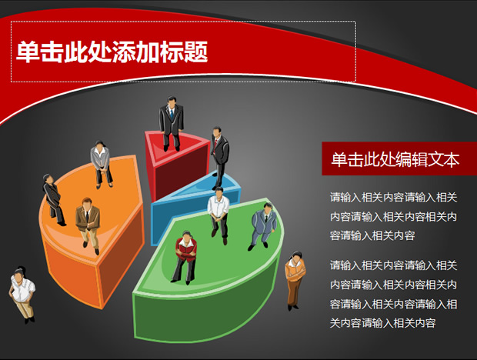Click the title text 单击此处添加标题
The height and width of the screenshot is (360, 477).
(112, 52)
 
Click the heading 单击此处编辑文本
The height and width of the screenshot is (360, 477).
(395, 159)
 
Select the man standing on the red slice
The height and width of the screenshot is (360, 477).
(171, 124)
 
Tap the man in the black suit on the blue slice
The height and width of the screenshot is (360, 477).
(220, 158)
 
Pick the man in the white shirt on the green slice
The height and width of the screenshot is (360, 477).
(218, 215)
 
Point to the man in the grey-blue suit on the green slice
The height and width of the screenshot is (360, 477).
(263, 226)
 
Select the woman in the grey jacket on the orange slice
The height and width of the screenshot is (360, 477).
(102, 164)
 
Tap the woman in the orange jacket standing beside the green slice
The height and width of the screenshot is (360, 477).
(295, 281)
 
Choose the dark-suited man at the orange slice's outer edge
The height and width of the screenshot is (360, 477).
(53, 199)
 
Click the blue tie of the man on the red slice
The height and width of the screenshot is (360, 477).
(172, 114)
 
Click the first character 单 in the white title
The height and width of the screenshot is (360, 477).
(28, 52)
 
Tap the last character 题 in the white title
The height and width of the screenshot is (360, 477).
(196, 52)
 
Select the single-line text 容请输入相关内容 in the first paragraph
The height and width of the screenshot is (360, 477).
(372, 235)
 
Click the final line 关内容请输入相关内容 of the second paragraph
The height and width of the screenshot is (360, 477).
(382, 322)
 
